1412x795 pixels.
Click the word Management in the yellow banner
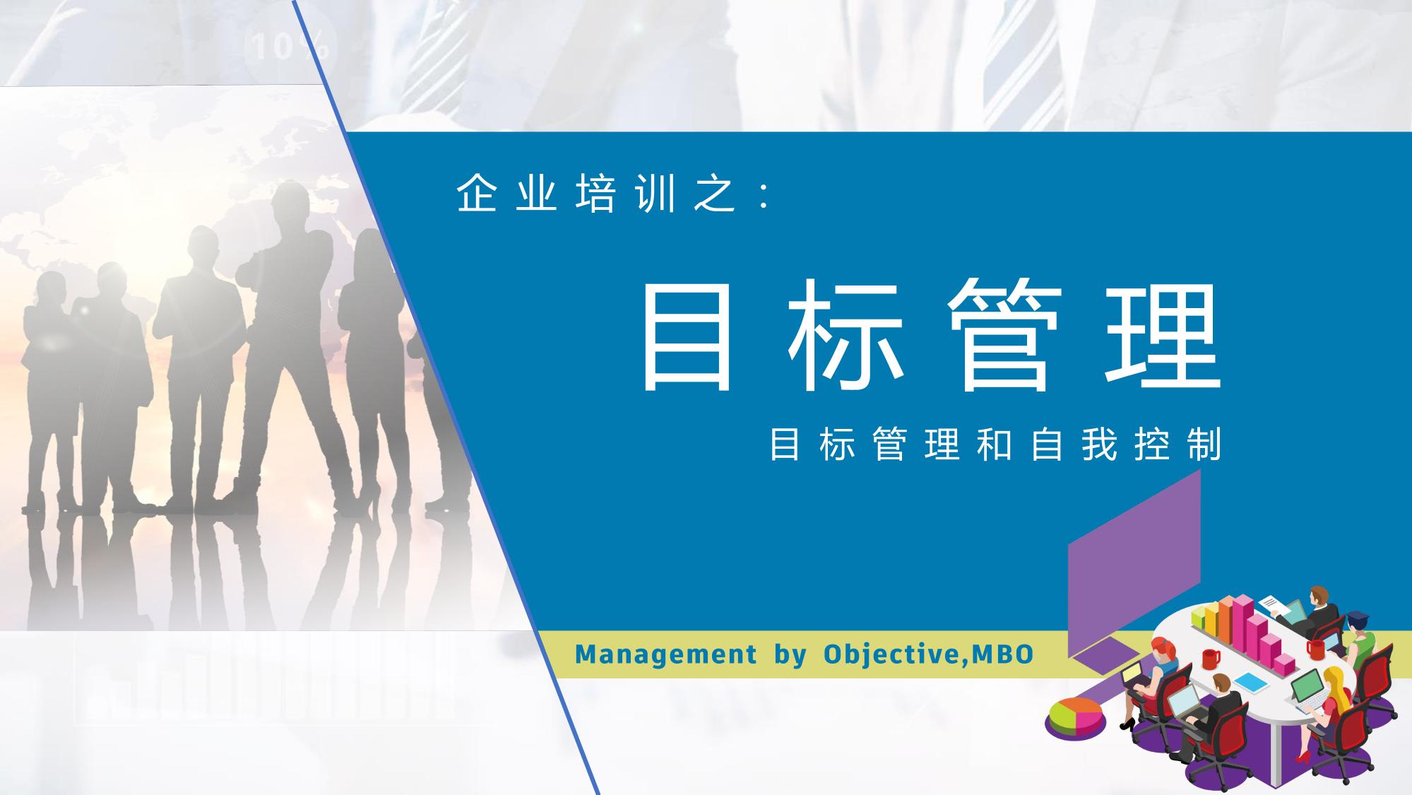[665, 654]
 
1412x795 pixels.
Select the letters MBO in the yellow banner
[1003, 653]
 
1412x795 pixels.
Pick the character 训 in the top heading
[656, 194]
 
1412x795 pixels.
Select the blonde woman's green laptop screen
[1304, 687]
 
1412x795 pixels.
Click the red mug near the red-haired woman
[1211, 659]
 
